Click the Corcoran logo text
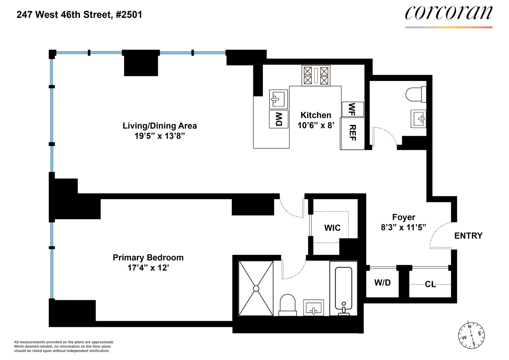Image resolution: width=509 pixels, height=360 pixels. coord(449,13)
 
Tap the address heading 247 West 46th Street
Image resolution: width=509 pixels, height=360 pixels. coord(79,15)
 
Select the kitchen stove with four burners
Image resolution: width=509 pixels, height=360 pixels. coord(316,76)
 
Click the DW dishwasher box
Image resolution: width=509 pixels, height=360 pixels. coord(279,119)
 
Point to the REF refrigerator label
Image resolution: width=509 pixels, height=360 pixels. coord(353,133)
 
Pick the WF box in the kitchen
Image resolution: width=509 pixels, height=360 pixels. coord(352,109)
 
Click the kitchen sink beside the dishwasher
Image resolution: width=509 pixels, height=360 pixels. coord(278,99)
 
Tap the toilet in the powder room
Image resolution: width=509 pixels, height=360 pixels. coord(415,94)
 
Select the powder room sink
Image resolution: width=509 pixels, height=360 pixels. coord(418,118)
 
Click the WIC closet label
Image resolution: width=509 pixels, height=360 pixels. coord(332,228)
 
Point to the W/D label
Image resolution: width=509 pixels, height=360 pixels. coord(382,283)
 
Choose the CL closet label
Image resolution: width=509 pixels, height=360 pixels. coord(430,284)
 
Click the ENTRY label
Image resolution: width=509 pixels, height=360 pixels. coord(468,236)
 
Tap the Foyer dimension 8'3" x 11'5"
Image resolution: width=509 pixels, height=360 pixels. coord(403,228)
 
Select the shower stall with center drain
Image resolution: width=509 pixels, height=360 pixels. coord(256,288)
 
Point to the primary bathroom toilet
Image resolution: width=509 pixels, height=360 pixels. coord(287,305)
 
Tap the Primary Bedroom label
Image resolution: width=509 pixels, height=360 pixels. coord(148,258)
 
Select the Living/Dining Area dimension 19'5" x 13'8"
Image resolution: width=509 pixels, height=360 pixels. coord(160,136)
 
